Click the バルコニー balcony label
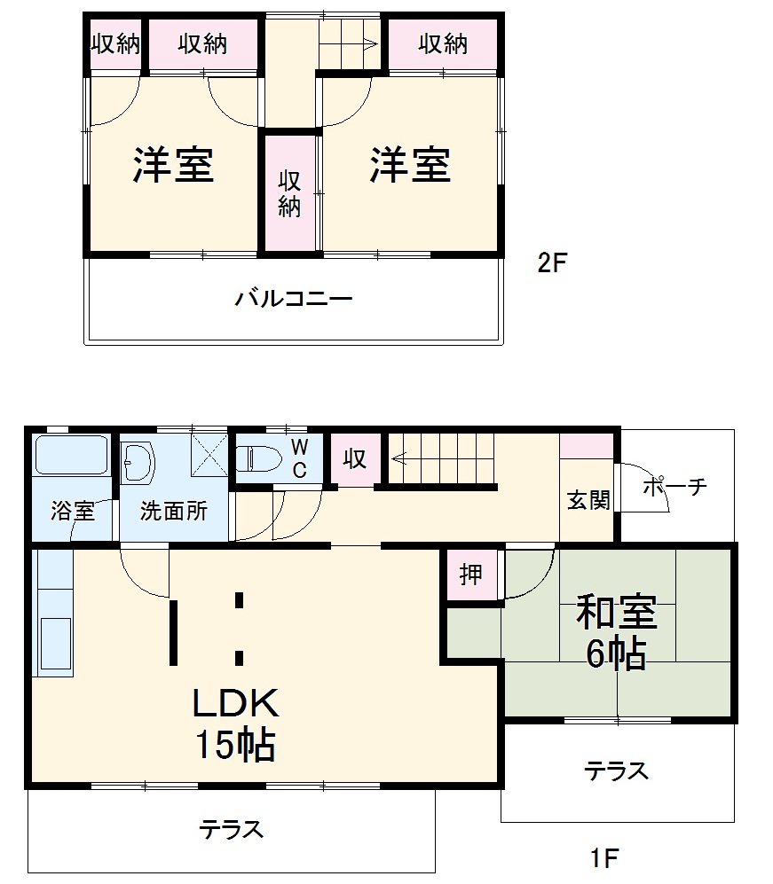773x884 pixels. coord(294,299)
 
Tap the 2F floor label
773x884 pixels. coord(552,263)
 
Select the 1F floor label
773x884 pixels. coord(604,858)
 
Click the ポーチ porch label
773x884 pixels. coord(674,486)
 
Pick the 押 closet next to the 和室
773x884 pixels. coord(471,575)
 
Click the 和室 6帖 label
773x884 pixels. coord(616,632)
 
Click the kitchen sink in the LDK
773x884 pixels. coord(55,642)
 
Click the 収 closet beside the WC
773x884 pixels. coord(355,459)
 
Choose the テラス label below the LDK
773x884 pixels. coord(231,830)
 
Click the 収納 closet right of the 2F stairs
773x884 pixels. coord(443,43)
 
